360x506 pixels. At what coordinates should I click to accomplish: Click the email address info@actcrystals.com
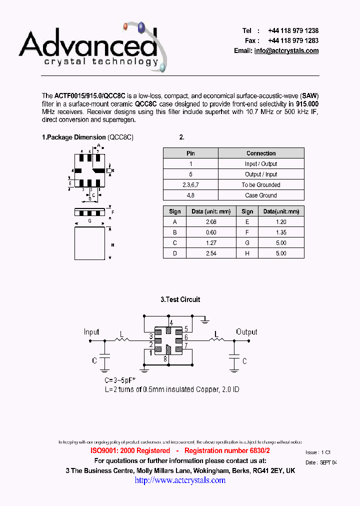pyautogui.click(x=286, y=51)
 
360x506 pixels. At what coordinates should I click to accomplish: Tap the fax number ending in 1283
pyautogui.click(x=293, y=41)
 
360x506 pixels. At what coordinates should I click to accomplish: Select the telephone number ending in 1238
pyautogui.click(x=293, y=30)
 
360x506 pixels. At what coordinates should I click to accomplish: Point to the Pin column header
pyautogui.click(x=190, y=153)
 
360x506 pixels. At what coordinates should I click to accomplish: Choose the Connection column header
pyautogui.click(x=261, y=153)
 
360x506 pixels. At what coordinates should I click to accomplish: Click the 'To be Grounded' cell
pyautogui.click(x=261, y=185)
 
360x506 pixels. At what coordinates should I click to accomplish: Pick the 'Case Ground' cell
pyautogui.click(x=261, y=195)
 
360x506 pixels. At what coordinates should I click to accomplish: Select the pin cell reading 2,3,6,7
pyautogui.click(x=190, y=185)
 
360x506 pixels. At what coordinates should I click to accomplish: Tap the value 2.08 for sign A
pyautogui.click(x=211, y=222)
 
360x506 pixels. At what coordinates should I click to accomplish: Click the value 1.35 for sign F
pyautogui.click(x=281, y=232)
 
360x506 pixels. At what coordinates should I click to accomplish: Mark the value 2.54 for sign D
pyautogui.click(x=211, y=253)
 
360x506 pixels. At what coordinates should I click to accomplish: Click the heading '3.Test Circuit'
pyautogui.click(x=180, y=299)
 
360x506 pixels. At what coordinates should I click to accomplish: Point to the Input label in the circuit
pyautogui.click(x=91, y=332)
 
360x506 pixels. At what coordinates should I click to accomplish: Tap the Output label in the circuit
pyautogui.click(x=246, y=332)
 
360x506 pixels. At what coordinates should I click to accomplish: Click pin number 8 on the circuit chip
pyautogui.click(x=164, y=358)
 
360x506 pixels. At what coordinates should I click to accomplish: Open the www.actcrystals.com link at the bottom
pyautogui.click(x=180, y=480)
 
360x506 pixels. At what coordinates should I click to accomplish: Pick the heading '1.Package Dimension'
pyautogui.click(x=73, y=137)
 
